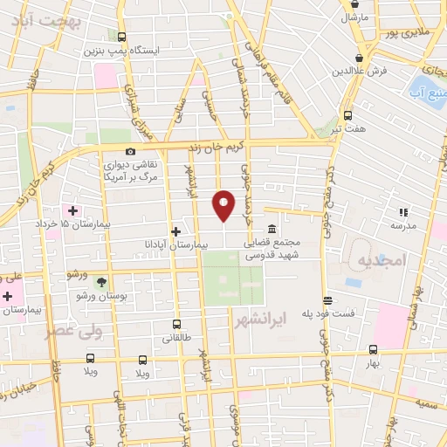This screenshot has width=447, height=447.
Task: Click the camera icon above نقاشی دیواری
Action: (131, 151)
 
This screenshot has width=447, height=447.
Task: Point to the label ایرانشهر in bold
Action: (261, 320)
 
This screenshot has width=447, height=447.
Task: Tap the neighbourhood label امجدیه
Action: (382, 260)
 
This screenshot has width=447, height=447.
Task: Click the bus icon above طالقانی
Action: (176, 324)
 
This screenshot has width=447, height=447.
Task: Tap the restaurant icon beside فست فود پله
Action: (327, 299)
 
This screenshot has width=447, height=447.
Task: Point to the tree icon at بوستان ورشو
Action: (101, 281)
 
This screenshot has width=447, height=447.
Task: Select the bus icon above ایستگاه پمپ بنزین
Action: (121, 38)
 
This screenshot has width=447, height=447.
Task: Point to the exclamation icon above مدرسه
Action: (402, 211)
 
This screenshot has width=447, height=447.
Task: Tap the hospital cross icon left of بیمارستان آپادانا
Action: (176, 231)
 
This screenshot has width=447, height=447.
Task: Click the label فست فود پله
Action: (328, 313)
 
